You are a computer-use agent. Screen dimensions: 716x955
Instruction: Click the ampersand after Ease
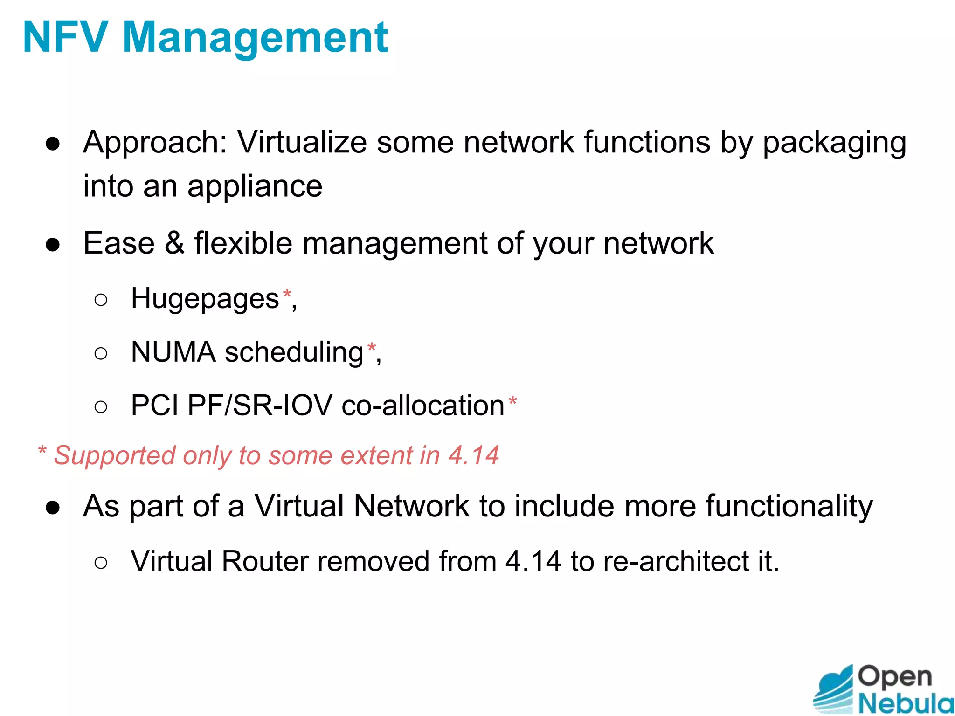pyautogui.click(x=174, y=243)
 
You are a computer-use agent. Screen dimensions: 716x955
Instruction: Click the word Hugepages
pyautogui.click(x=205, y=299)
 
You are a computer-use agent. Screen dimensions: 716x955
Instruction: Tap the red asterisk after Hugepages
pyautogui.click(x=287, y=295)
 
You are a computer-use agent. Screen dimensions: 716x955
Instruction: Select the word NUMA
pyautogui.click(x=173, y=352)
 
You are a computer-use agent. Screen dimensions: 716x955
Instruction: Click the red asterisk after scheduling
pyautogui.click(x=371, y=348)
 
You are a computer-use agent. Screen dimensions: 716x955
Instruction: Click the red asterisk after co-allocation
pyautogui.click(x=512, y=401)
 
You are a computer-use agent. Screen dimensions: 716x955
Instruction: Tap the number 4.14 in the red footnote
pyautogui.click(x=473, y=455)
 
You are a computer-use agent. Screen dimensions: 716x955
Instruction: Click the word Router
pyautogui.click(x=265, y=561)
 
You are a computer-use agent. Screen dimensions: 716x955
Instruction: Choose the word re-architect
pyautogui.click(x=675, y=561)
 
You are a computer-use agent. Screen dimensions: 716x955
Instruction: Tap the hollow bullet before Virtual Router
pyautogui.click(x=101, y=563)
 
